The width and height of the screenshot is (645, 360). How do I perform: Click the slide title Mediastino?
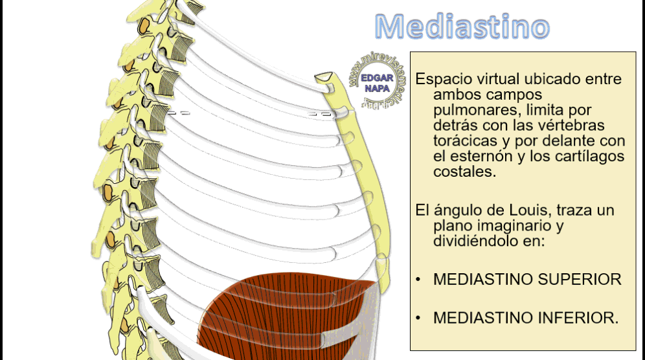coord(462,27)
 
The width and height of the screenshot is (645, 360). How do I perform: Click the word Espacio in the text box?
coord(440,80)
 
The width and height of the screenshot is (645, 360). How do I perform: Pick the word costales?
coord(464,172)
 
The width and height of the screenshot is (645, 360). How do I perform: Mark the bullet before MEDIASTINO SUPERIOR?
coord(419,280)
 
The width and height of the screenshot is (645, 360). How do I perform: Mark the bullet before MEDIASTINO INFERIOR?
coord(419,318)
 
